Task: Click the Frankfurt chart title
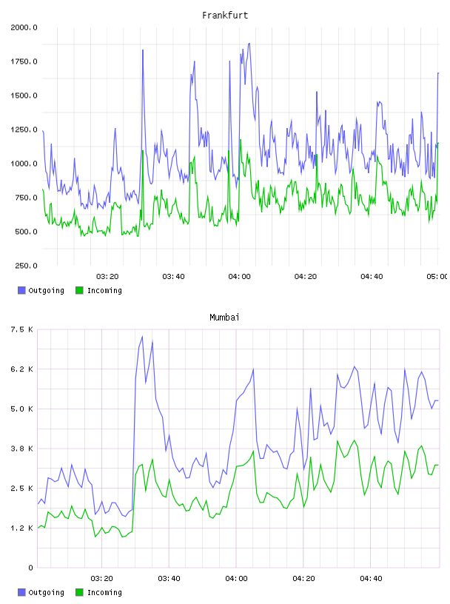(225, 16)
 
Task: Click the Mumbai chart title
(224, 318)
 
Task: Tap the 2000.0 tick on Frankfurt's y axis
(24, 27)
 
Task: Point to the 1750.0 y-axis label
(24, 61)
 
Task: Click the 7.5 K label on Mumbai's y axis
(22, 329)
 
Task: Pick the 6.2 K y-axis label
(22, 369)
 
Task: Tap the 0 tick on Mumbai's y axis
(30, 568)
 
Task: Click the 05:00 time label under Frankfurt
(437, 277)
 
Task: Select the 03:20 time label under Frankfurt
(107, 277)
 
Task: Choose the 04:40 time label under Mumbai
(371, 579)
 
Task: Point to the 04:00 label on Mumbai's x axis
(236, 579)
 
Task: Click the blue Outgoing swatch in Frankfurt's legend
(21, 290)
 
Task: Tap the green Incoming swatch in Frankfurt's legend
(79, 290)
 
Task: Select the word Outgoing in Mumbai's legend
(46, 592)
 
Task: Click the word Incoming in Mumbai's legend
(104, 592)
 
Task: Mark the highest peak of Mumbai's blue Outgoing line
(143, 336)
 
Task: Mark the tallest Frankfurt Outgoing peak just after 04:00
(249, 43)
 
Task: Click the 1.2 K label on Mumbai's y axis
(22, 528)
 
